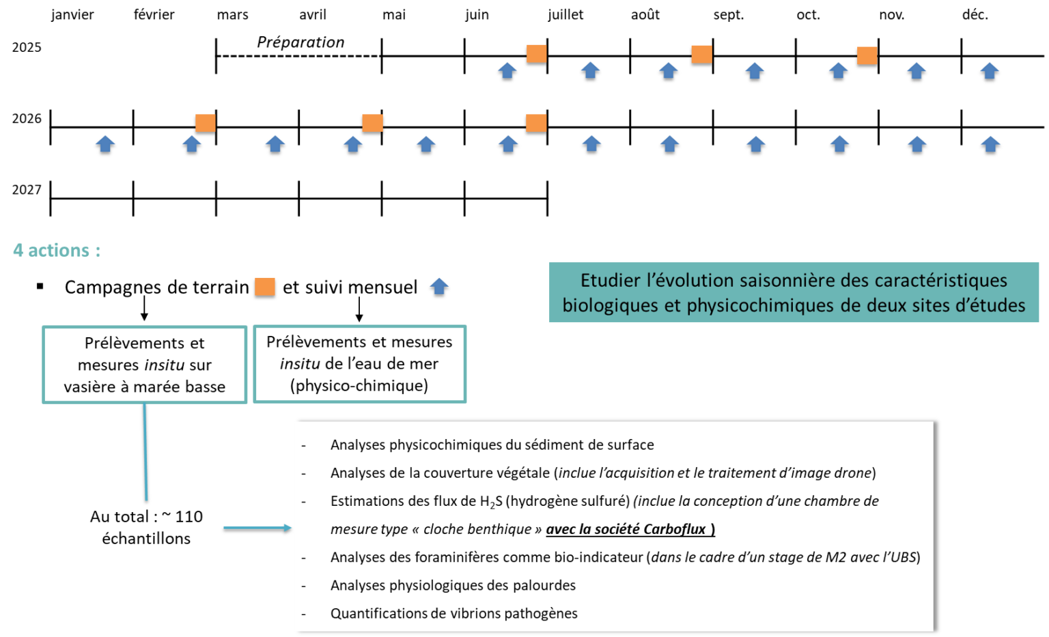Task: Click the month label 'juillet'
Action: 565,15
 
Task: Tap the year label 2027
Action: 27,190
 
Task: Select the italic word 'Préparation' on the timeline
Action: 300,42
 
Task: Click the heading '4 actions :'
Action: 57,250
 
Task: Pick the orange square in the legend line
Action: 264,287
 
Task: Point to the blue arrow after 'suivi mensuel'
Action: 439,287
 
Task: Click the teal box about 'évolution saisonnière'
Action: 794,292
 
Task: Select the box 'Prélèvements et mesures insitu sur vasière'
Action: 145,365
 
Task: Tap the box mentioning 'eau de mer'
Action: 360,364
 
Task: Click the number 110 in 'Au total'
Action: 188,517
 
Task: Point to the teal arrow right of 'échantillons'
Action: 257,528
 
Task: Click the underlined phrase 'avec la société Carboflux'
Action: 630,529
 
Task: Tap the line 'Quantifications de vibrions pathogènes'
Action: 453,613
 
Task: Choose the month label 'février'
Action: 154,15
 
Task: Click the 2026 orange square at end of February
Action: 206,123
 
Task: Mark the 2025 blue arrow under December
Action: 990,71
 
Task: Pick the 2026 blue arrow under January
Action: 105,143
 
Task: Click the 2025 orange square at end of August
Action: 702,55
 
